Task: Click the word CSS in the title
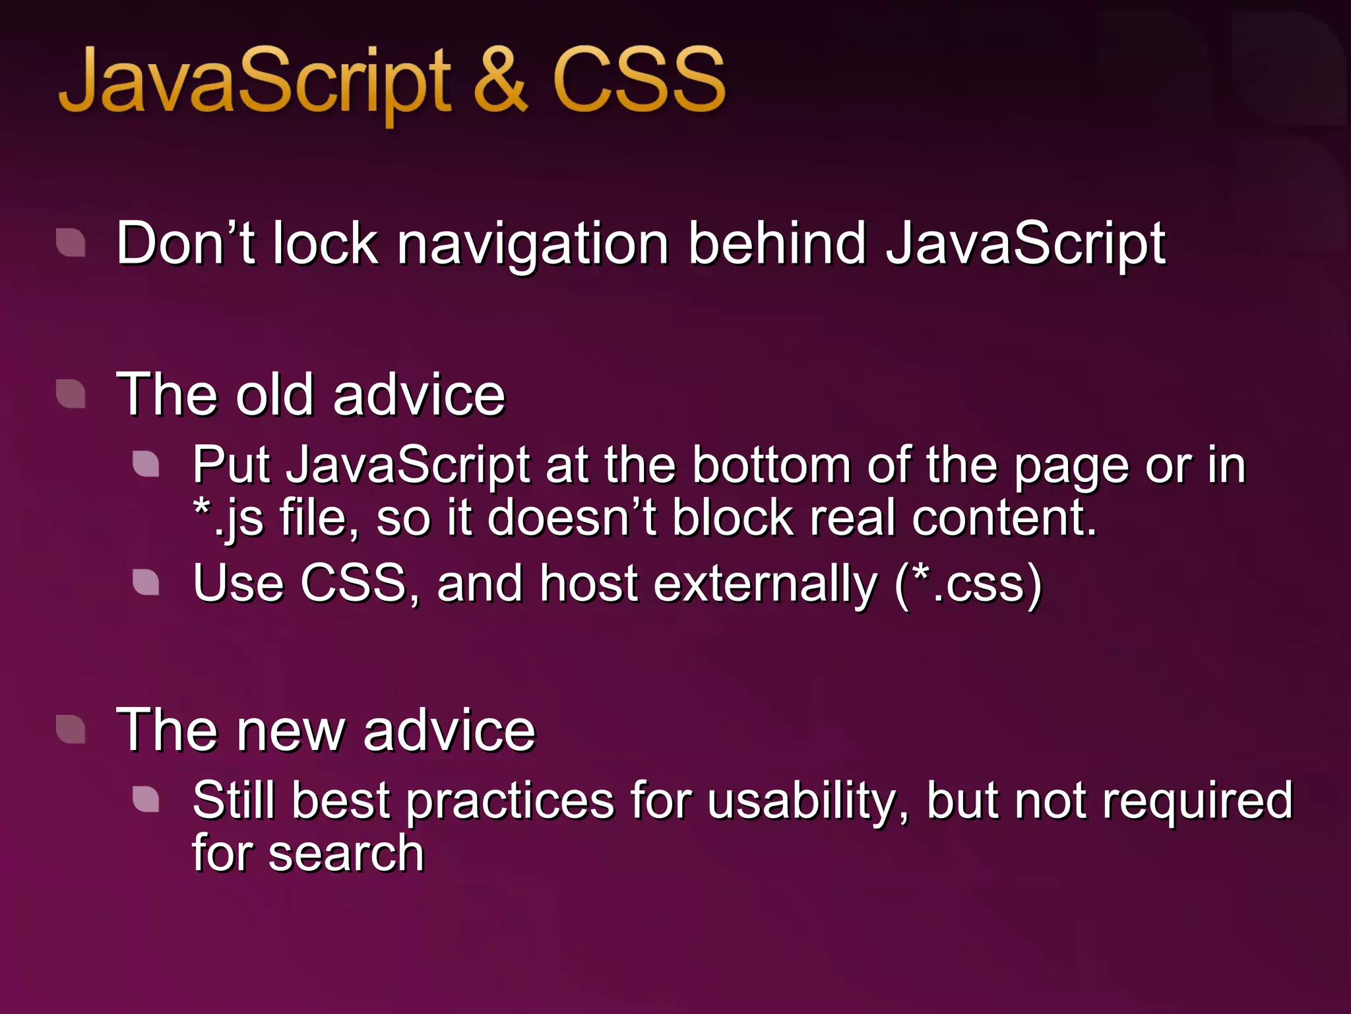tap(639, 81)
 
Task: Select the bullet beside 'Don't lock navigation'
tap(71, 242)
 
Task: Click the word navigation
tap(533, 246)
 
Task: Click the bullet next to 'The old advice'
tap(71, 394)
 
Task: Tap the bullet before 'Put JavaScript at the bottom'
tap(146, 463)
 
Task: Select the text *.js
tap(228, 519)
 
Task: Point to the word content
tap(1003, 518)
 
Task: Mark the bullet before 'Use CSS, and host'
tap(146, 582)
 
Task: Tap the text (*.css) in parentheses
tap(968, 584)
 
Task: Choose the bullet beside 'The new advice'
tap(71, 729)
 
